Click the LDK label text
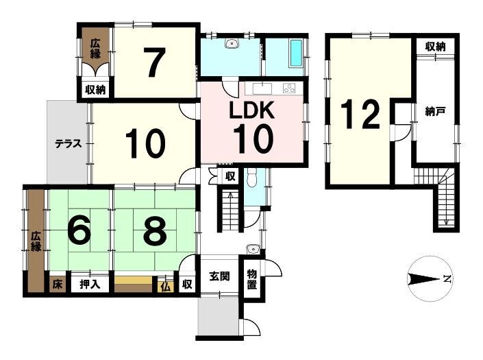click(251, 110)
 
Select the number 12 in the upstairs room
click(360, 115)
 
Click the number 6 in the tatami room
click(79, 230)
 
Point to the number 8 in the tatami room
click(155, 230)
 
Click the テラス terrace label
click(69, 143)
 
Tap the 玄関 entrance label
click(220, 276)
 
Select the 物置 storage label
click(252, 279)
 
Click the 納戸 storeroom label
click(435, 111)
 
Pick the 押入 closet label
click(90, 284)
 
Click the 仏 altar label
click(166, 287)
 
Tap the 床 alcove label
click(57, 284)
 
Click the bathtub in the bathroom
click(297, 53)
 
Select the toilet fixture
click(252, 180)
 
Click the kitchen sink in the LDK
click(262, 88)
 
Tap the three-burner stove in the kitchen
click(289, 88)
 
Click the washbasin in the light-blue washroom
click(232, 43)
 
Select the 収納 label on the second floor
click(435, 47)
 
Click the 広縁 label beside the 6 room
click(36, 241)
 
